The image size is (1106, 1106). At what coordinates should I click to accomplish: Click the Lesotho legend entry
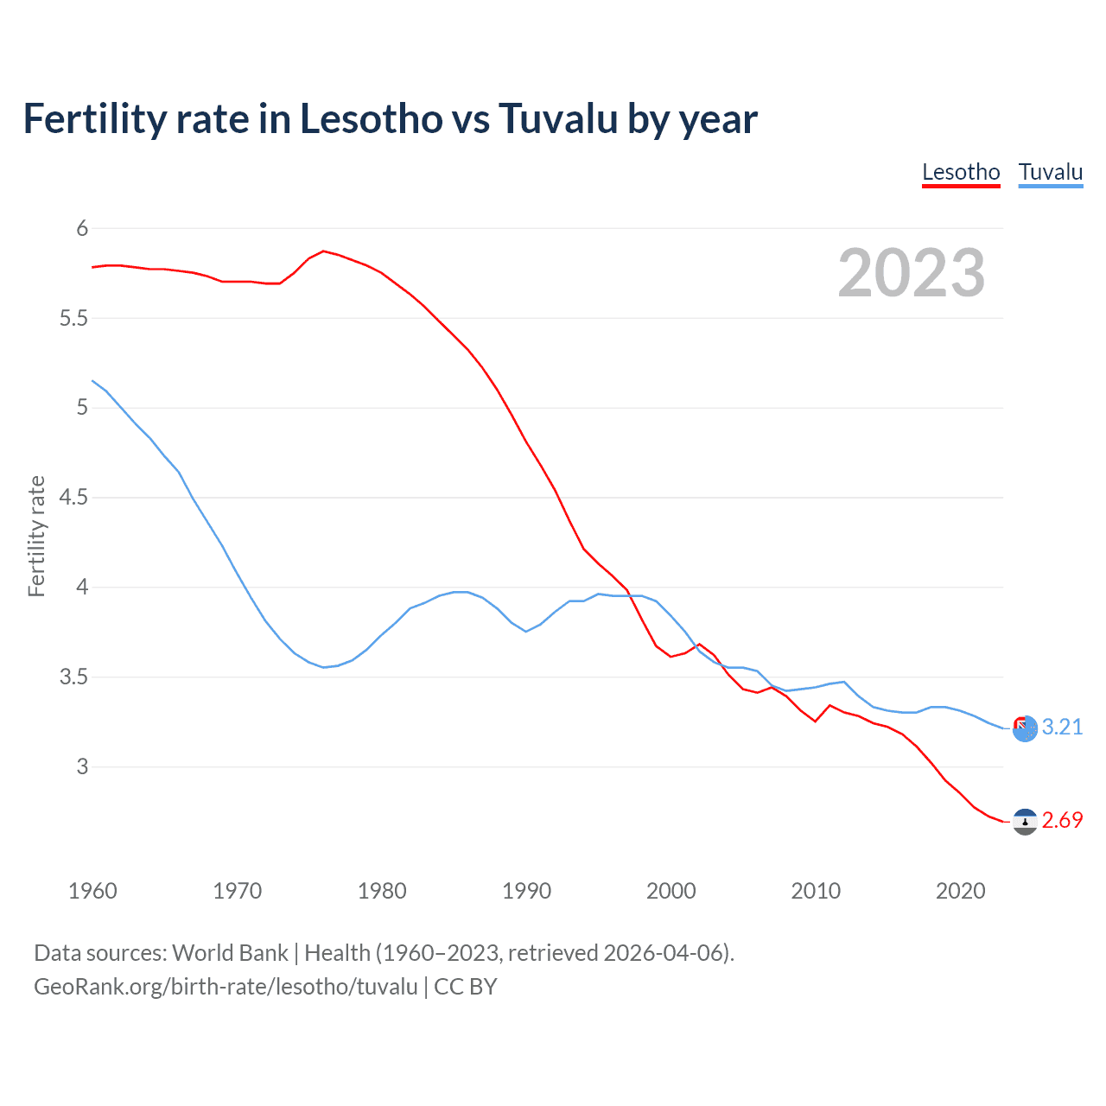click(x=961, y=172)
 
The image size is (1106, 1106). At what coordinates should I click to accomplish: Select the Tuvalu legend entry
click(x=1051, y=172)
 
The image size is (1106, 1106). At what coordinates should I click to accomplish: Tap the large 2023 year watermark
click(x=912, y=273)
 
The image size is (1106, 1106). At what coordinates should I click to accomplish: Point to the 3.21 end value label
click(x=1062, y=727)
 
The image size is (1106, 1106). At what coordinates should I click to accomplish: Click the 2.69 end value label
click(x=1062, y=820)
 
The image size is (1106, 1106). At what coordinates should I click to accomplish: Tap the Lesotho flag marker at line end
click(x=1025, y=822)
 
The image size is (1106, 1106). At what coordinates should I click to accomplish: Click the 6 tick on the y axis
click(x=83, y=228)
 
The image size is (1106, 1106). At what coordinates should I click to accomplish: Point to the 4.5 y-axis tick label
click(x=74, y=497)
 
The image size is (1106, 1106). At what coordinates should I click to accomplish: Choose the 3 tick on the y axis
click(x=83, y=766)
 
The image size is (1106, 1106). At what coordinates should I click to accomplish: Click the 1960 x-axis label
click(x=92, y=891)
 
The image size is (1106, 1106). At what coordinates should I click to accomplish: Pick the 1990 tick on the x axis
click(x=526, y=891)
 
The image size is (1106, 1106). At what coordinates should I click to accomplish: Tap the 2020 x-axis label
click(x=960, y=891)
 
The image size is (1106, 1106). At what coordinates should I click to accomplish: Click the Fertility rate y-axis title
click(x=36, y=536)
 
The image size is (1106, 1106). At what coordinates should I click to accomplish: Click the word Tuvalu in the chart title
click(x=558, y=118)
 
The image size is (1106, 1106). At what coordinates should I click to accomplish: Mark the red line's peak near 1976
click(x=323, y=251)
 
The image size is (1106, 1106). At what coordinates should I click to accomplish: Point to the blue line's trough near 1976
click(x=323, y=667)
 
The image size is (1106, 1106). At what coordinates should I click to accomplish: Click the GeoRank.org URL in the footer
click(x=226, y=986)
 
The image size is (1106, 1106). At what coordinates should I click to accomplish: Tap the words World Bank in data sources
click(x=230, y=953)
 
